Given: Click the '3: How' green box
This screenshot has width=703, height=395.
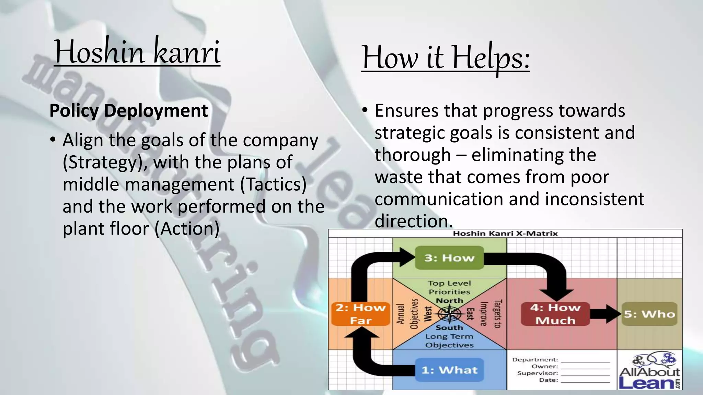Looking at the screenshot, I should tap(449, 258).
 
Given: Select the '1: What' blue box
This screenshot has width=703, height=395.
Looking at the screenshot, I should tap(449, 370).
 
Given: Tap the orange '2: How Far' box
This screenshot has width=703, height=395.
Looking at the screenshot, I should tap(360, 314).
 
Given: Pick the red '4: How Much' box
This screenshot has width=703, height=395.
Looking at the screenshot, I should tap(555, 314).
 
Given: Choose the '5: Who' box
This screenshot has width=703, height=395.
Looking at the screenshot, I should tap(649, 314).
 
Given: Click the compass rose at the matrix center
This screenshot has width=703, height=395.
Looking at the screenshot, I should tap(449, 314).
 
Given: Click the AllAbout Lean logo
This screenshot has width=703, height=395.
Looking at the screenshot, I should tap(649, 372).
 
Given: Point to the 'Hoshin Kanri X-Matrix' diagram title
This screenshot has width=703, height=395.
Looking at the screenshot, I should tap(505, 234).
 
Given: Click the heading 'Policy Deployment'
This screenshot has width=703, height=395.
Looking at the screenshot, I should tap(129, 111).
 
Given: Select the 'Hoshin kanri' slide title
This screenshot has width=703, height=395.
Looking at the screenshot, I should tap(137, 52).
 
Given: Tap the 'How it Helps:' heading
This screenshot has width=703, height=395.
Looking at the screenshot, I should tap(446, 57).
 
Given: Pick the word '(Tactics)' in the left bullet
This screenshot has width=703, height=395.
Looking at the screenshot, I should tap(273, 184).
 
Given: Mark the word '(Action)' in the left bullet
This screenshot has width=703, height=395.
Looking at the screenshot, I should tap(187, 229).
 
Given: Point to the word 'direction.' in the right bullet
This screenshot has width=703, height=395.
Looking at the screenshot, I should tap(414, 221).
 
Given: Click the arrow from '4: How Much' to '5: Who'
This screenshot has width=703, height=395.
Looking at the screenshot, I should tap(606, 314).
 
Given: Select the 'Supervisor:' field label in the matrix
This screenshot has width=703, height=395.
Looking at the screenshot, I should tap(538, 373).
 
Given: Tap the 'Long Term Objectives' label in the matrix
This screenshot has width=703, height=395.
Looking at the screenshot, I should tap(449, 341).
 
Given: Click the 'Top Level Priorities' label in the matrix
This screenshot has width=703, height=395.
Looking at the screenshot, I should tap(449, 287).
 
